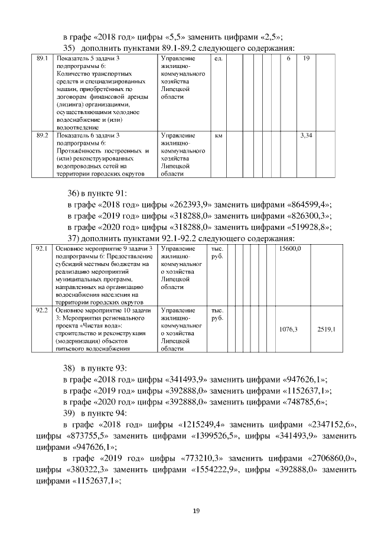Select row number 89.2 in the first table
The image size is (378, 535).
coord(42,136)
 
